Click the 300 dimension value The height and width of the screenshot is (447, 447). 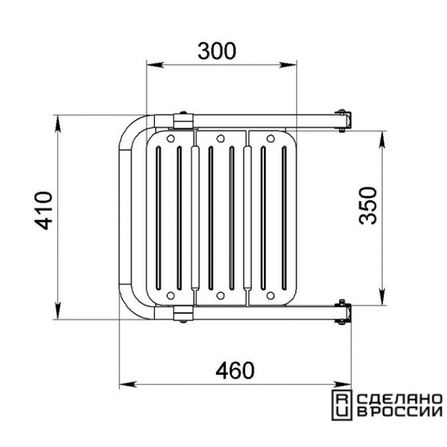[x=217, y=51]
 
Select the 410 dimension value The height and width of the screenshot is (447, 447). [x=43, y=211]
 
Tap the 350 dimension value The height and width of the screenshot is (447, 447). [x=368, y=206]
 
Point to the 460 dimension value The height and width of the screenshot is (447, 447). [x=234, y=370]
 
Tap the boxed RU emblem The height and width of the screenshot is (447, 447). [x=342, y=405]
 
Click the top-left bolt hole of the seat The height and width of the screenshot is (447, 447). [x=170, y=139]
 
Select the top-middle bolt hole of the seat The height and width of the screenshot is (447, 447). [x=220, y=139]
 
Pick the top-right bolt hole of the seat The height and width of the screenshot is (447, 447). [x=270, y=139]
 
